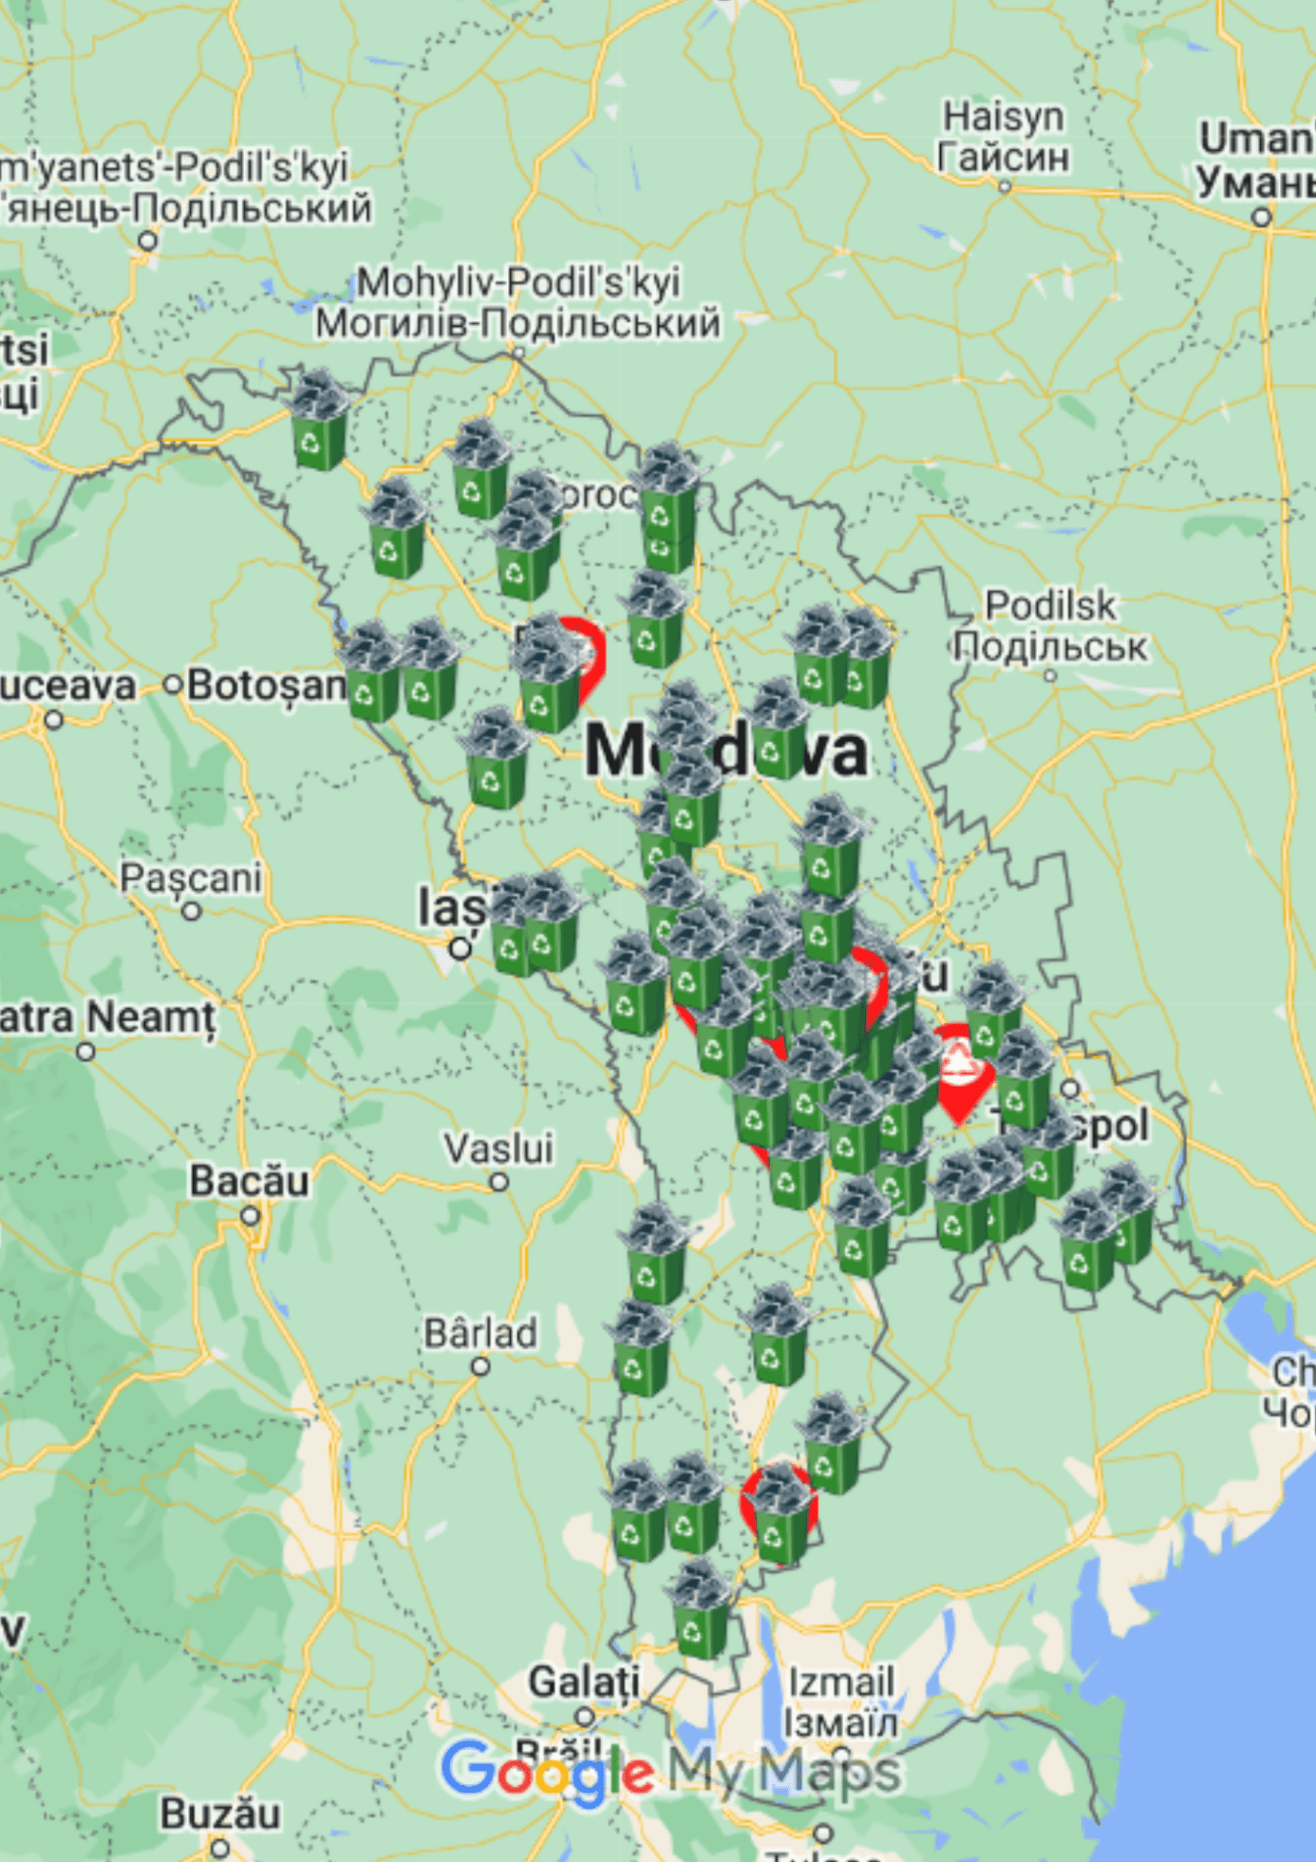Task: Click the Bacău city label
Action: coord(249,1181)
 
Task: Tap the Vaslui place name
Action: coord(498,1149)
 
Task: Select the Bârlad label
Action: coord(480,1333)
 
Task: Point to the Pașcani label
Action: coord(190,878)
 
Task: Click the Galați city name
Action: coord(584,1681)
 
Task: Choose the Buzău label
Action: coord(220,1814)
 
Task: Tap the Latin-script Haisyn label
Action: coord(1003,117)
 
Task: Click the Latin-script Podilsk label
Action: coord(1050,605)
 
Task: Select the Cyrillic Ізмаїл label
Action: coord(840,1721)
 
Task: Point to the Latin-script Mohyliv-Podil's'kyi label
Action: coord(518,282)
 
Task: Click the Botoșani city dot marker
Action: coord(173,684)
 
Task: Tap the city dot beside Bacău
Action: coord(250,1216)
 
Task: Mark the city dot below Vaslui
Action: coord(499,1182)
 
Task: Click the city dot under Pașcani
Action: coord(192,911)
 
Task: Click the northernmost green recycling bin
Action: coord(319,423)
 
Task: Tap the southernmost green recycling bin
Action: coord(701,1612)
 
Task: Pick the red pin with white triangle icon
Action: coord(959,1070)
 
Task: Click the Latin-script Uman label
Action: coord(1256,140)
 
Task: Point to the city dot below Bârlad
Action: coord(480,1366)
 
